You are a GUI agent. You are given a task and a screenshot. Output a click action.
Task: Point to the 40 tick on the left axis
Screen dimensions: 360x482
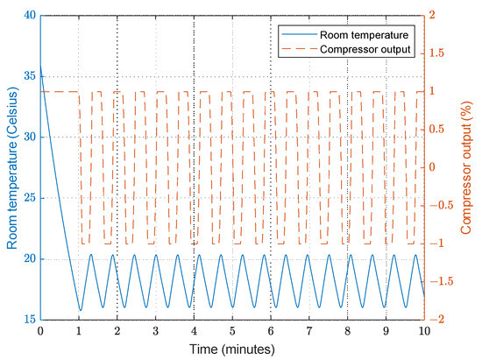point(29,16)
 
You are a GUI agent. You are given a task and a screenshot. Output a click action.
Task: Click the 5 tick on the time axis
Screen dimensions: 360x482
point(232,332)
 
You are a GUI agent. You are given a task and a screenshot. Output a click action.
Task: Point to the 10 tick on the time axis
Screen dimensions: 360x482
point(424,332)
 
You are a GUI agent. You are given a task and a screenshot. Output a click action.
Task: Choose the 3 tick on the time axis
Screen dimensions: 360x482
point(155,332)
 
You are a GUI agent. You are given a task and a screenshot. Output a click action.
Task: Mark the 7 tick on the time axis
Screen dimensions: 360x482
point(308,332)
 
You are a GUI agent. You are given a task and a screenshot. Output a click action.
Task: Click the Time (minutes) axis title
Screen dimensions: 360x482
point(231,349)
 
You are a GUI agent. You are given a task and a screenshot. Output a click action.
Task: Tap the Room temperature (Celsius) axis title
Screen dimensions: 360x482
point(11,167)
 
